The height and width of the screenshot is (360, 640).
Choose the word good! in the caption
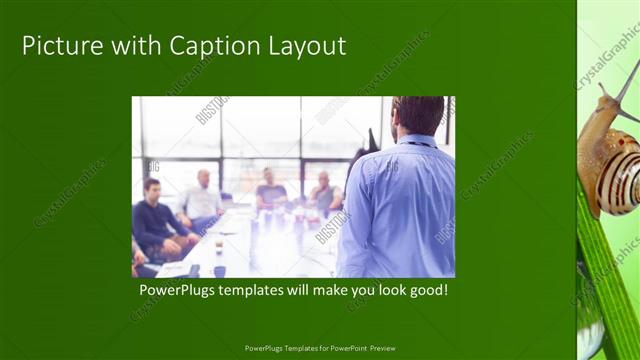point(424,291)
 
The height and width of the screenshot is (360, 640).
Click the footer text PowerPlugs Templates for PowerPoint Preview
point(320,348)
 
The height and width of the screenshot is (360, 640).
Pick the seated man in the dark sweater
point(155,220)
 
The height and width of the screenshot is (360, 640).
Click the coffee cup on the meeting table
point(219,246)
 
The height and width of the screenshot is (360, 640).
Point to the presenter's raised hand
point(373,140)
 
